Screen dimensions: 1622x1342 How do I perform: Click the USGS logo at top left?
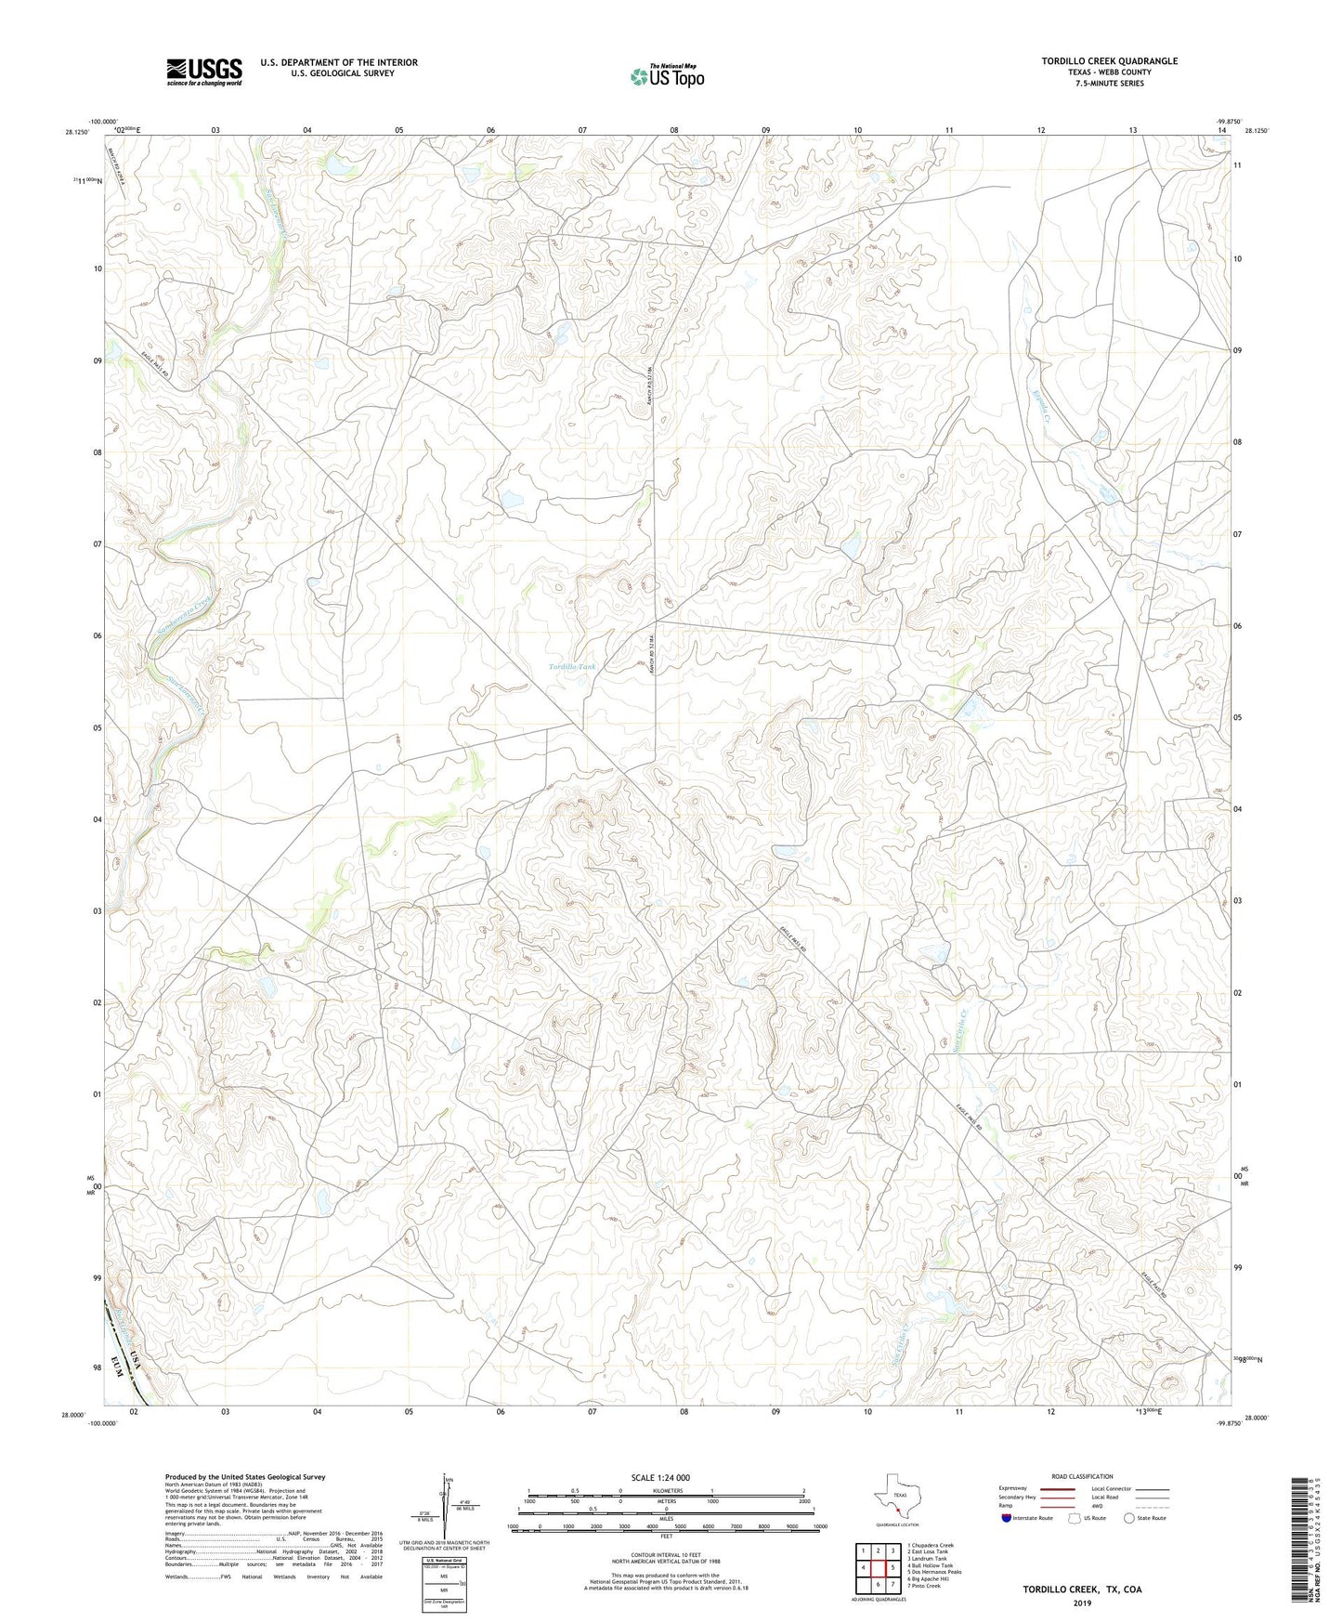point(203,72)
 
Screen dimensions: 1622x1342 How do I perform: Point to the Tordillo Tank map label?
point(571,667)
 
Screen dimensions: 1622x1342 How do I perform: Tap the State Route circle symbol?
point(1128,1518)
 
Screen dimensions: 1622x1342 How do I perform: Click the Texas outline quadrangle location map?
point(896,1498)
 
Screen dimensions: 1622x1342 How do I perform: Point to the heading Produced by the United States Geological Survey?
point(245,1476)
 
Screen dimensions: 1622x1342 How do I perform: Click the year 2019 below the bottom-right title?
point(1082,1602)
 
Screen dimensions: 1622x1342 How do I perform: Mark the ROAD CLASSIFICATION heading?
point(1082,1476)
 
